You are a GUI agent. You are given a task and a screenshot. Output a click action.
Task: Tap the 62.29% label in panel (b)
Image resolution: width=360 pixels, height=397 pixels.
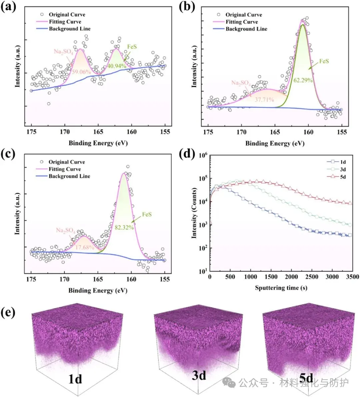(x=303, y=80)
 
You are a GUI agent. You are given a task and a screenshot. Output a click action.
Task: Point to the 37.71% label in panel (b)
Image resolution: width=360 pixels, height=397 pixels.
(x=264, y=99)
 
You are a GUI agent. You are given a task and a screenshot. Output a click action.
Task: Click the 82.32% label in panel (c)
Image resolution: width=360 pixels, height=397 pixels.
(x=124, y=227)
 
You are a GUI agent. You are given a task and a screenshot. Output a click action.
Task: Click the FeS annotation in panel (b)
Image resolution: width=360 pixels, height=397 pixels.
(x=324, y=61)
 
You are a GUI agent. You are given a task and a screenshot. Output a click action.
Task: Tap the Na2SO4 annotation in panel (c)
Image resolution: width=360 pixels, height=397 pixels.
(x=65, y=230)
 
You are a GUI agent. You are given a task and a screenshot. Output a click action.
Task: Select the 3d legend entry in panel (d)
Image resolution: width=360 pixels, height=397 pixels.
(x=343, y=169)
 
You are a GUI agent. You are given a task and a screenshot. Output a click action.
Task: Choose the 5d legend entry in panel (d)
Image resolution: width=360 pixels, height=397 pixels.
(x=343, y=177)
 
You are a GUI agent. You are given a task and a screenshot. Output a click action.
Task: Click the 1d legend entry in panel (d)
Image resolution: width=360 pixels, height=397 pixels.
(x=343, y=162)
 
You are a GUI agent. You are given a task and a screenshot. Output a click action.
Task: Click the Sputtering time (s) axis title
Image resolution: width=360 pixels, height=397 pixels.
(x=281, y=288)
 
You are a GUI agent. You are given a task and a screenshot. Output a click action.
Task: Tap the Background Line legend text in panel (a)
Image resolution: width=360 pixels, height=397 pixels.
(x=70, y=29)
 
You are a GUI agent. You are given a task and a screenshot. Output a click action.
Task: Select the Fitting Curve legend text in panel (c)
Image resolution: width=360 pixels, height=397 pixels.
(x=65, y=169)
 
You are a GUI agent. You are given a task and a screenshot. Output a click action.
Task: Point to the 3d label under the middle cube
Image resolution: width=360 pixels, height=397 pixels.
(x=199, y=376)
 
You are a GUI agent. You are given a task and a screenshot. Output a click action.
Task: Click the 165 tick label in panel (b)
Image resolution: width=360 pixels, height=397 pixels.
(x=275, y=132)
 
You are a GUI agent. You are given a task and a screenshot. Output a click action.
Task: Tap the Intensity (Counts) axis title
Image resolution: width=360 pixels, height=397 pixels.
(x=194, y=213)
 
